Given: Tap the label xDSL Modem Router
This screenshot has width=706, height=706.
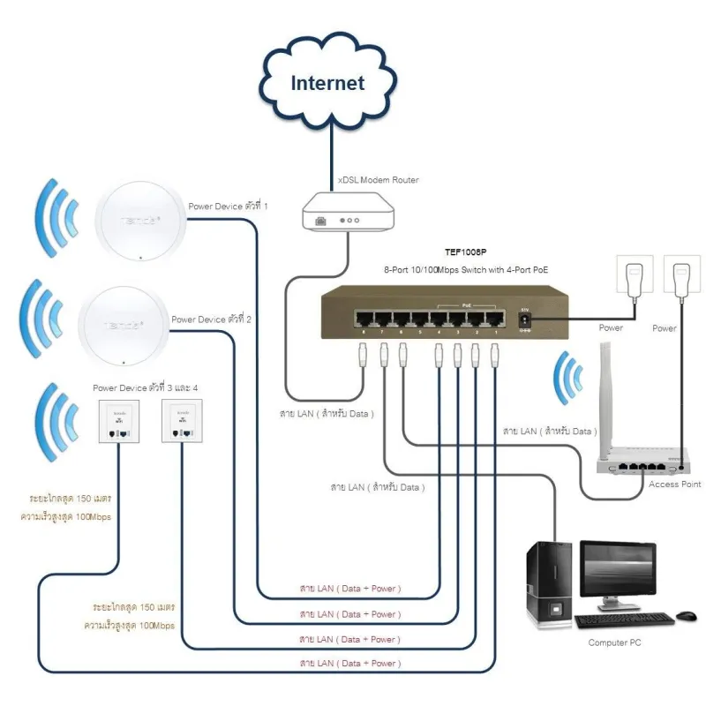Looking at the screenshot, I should pyautogui.click(x=379, y=180).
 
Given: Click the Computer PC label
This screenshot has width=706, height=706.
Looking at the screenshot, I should pyautogui.click(x=614, y=642).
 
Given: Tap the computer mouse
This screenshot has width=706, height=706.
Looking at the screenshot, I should pyautogui.click(x=686, y=615).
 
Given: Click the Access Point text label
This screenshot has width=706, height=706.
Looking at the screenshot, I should pyautogui.click(x=675, y=484).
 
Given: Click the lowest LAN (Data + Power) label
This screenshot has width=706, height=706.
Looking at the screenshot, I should pyautogui.click(x=349, y=663).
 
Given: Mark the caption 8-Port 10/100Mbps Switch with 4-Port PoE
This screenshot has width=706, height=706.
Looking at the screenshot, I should pyautogui.click(x=466, y=269).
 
